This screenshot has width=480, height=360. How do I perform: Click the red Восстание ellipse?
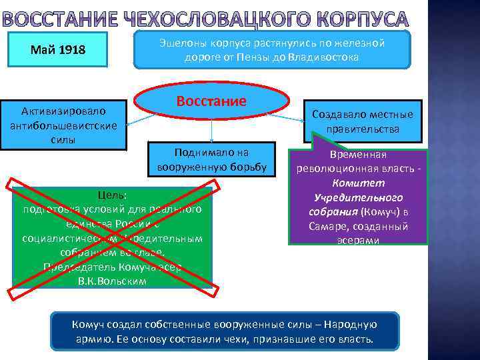[x=211, y=101]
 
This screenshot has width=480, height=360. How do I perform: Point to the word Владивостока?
[x=327, y=57]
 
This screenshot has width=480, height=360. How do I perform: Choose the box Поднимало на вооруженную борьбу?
[x=211, y=159]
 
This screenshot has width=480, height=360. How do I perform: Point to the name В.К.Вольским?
[x=111, y=281]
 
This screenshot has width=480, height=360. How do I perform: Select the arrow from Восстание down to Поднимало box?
[x=211, y=130]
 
